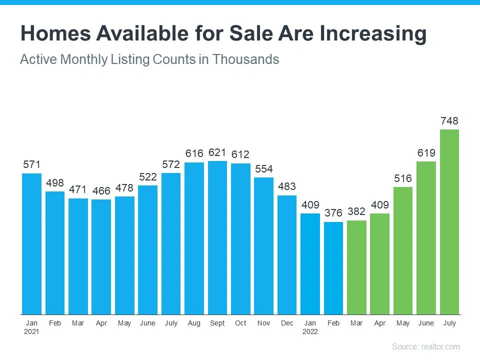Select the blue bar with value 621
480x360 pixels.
(x=217, y=237)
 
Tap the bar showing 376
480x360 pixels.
(x=333, y=268)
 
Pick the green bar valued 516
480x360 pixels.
(x=402, y=250)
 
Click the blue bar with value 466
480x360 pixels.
(x=101, y=256)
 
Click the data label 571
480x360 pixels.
(x=31, y=165)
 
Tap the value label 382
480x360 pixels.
(x=356, y=212)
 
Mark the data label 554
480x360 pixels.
(x=263, y=169)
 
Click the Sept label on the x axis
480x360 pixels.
(x=217, y=323)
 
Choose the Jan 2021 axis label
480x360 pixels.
(x=31, y=327)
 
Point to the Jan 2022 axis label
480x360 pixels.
(x=310, y=327)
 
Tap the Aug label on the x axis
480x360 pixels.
(x=194, y=323)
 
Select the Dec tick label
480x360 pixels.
(x=287, y=323)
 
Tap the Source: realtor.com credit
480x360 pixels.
(x=425, y=346)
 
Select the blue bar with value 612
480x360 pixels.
(x=240, y=238)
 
